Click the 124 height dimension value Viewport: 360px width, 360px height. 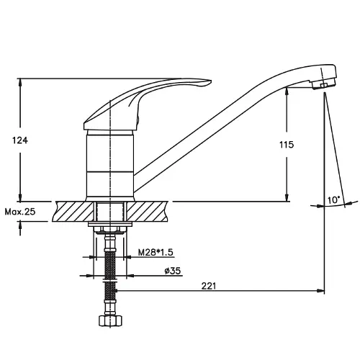tap(20, 140)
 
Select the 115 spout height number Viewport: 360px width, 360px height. tap(287, 145)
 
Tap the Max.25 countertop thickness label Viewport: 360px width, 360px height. tap(20, 212)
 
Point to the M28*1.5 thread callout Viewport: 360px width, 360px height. tap(156, 252)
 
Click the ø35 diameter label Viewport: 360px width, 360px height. tap(173, 271)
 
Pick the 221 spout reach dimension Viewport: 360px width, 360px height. tap(209, 286)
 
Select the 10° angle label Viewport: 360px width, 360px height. tap(334, 199)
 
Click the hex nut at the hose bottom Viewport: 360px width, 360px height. tap(110, 321)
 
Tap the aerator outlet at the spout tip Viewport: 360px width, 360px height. tap(323, 84)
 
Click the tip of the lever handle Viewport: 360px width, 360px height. tap(211, 82)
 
